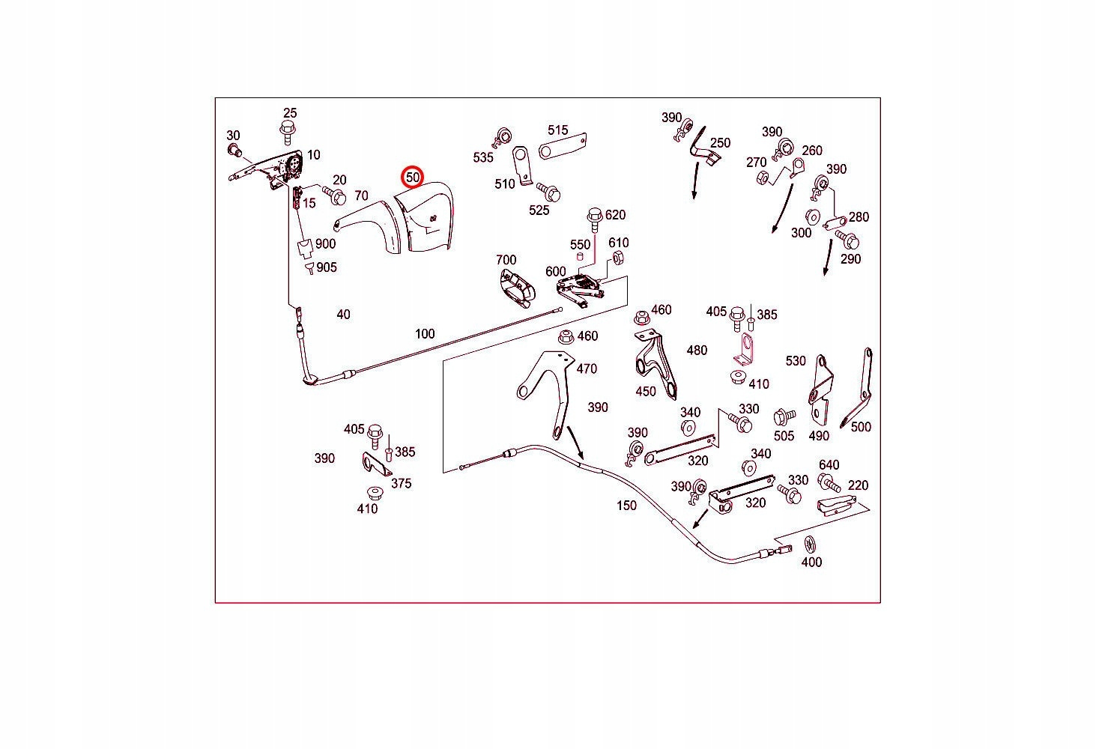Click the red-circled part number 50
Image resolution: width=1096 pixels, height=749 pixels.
coord(413,177)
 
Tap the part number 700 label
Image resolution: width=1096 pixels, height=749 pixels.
coord(506,260)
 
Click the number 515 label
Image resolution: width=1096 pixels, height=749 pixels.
coord(558,130)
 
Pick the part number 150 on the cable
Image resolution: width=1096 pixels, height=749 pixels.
coord(626,506)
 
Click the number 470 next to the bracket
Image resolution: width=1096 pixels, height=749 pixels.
coord(587,369)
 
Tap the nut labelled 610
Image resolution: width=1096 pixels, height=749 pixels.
coord(617,258)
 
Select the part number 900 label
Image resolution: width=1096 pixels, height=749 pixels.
coord(325,243)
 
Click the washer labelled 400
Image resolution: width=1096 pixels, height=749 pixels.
coord(809,545)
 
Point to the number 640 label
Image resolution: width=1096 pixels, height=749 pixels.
coord(829,465)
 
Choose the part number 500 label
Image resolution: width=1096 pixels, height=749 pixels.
coord(861,427)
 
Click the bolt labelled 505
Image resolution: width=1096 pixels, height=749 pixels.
coord(784,416)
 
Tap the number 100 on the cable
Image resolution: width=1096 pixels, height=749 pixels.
coord(425,334)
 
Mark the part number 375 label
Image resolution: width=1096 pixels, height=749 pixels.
coord(402,483)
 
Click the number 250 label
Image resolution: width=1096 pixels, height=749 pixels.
coord(720,143)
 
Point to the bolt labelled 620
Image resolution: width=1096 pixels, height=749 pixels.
coord(595,220)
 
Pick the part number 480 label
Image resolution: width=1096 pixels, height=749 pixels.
coord(697,351)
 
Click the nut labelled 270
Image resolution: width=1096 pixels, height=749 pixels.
coord(762,178)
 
